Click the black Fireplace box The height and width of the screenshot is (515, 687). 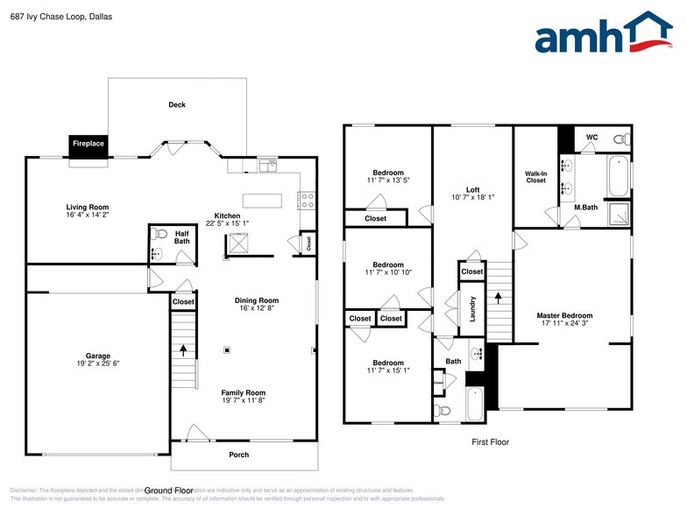(x=88, y=145)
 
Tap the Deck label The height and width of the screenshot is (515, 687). (x=177, y=105)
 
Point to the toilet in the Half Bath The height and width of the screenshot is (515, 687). (x=159, y=235)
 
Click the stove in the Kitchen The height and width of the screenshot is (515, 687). (x=306, y=201)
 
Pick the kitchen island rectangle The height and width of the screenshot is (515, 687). (x=262, y=201)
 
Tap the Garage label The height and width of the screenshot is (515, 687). (x=97, y=356)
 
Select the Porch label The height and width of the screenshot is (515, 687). (x=238, y=455)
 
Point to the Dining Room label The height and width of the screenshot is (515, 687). (x=256, y=300)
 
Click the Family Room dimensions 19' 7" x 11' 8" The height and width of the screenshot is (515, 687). (x=243, y=400)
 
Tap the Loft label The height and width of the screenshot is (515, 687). (x=472, y=189)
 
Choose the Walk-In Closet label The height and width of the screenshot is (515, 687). (x=535, y=177)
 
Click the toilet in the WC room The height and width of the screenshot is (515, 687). (x=621, y=139)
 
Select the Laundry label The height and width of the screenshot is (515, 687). (x=472, y=308)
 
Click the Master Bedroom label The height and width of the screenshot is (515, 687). (x=564, y=315)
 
